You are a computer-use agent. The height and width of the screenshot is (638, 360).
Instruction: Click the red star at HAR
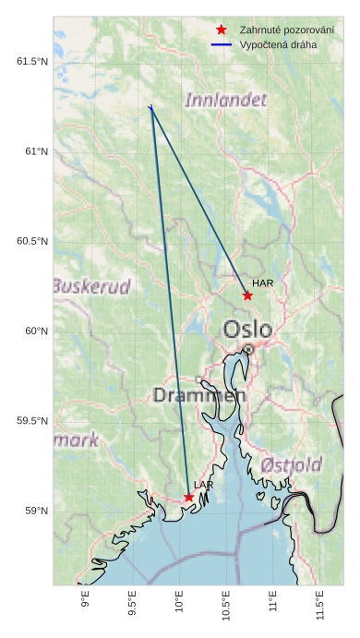(x=247, y=295)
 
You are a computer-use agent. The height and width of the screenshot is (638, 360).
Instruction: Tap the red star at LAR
(x=188, y=497)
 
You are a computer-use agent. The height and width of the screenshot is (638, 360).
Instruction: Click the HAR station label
(x=263, y=283)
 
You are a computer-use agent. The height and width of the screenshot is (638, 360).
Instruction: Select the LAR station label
(x=204, y=485)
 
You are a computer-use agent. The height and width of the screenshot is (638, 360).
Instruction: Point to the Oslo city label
(x=247, y=330)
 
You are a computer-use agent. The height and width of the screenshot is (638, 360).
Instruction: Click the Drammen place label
(x=199, y=396)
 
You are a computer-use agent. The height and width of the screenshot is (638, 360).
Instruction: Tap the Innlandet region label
(x=226, y=100)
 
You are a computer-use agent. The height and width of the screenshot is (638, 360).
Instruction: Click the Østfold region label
(x=291, y=463)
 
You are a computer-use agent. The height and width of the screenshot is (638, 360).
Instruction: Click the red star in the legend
(x=221, y=30)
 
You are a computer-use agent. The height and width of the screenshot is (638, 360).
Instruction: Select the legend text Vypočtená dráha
(x=278, y=44)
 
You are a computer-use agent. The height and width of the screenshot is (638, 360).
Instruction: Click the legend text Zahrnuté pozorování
(x=286, y=30)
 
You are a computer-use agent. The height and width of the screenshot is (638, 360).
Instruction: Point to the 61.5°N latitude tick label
(x=31, y=62)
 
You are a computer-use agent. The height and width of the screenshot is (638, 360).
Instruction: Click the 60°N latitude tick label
(x=35, y=331)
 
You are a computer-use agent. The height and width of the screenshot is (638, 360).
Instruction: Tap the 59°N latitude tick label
(x=35, y=512)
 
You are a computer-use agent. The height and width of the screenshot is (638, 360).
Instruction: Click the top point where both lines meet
(x=150, y=108)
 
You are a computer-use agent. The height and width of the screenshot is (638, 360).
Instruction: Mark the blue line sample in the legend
(x=221, y=44)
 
